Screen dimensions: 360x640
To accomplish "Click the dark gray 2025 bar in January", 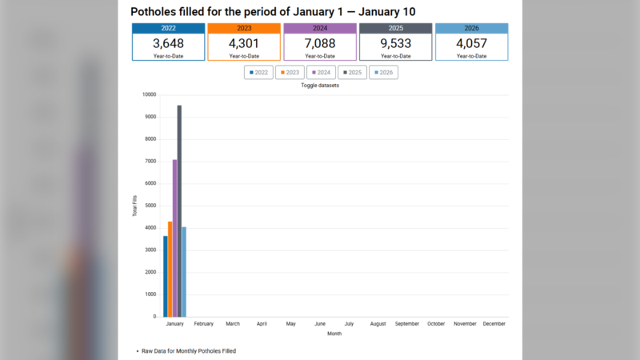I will coord(179,211).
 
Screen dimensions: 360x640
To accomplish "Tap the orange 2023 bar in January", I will coord(170,269).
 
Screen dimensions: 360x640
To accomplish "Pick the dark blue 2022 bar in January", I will coord(166,276).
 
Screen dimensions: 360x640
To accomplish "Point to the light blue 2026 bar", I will coord(184,272).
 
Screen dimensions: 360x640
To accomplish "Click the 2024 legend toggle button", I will coord(321,72).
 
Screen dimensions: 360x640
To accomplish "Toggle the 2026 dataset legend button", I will coord(383,72).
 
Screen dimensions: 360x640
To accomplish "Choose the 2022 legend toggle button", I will coord(258,72).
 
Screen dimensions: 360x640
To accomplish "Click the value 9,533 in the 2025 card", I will coord(395,43).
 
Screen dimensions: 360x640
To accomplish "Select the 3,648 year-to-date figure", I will coord(168,43).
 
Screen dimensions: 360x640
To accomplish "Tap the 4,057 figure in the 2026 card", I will coord(471,43).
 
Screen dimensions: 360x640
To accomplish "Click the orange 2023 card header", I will coord(244,28).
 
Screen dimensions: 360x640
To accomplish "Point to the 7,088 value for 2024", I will coord(320,43).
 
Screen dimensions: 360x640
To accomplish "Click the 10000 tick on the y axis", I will coord(148,94).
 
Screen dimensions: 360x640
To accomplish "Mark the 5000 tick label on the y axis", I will coord(150,206).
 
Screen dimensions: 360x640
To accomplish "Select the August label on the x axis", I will coord(378,324).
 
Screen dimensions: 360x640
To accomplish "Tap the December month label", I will coord(494,324).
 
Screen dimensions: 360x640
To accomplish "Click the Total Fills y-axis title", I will coord(134,206).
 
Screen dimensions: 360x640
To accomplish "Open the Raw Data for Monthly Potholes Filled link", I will coord(189,351).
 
